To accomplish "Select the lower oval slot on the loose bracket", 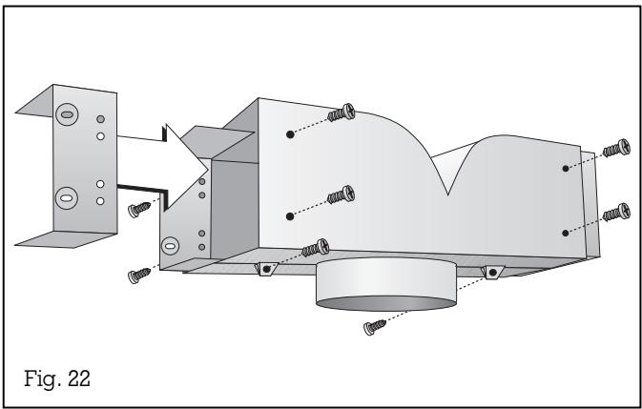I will (66, 198).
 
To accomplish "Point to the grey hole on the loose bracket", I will (100, 119).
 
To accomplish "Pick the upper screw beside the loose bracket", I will (139, 208).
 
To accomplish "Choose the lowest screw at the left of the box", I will (138, 275).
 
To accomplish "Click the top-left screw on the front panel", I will (342, 112).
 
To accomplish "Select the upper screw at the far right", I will (616, 149).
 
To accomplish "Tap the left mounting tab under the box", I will (266, 270).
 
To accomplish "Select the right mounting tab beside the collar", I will (492, 272).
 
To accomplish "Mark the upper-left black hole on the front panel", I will (289, 135).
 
